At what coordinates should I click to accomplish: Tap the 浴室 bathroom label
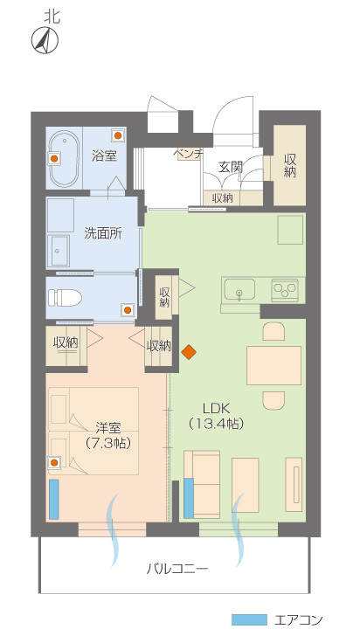pos(104,156)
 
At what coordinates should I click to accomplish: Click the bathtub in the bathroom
pos(65,158)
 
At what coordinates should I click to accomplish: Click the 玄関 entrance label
pos(230,166)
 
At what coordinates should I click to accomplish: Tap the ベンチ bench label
pos(189,154)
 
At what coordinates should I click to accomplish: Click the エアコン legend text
pos(300,619)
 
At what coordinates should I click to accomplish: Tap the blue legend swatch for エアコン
pos(249,619)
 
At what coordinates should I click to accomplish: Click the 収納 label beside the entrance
pos(290,165)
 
